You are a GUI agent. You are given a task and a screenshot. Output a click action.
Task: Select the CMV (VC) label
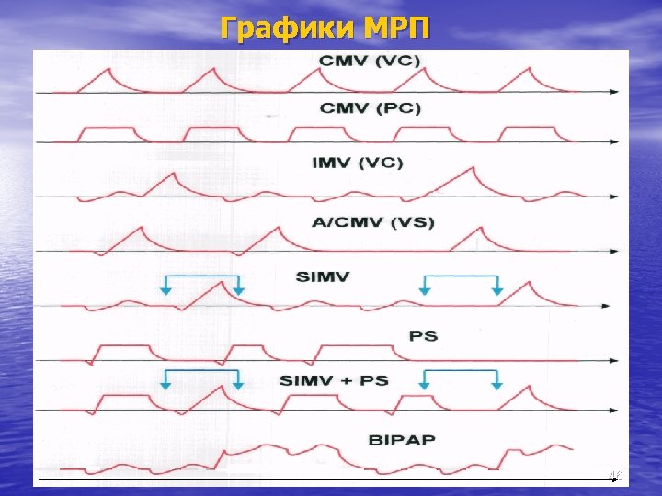tap(371, 62)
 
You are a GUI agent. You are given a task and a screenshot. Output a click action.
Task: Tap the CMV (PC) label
tap(371, 108)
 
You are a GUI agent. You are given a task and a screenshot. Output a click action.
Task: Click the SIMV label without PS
tap(323, 276)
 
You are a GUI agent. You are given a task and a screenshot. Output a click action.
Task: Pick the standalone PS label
tap(423, 336)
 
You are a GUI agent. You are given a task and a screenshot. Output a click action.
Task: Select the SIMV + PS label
tap(334, 380)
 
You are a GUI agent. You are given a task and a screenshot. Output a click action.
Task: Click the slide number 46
tap(615, 475)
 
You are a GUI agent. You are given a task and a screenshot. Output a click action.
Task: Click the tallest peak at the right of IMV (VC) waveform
tap(472, 168)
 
